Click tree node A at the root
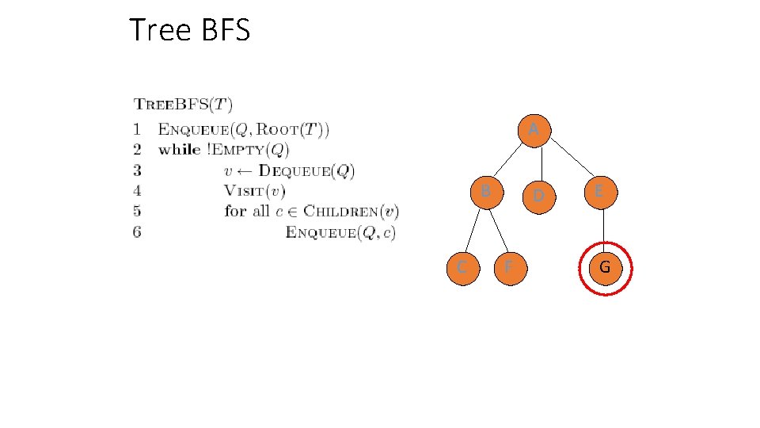(534, 128)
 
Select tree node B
(486, 191)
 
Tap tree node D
(538, 194)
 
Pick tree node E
(599, 191)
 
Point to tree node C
(461, 268)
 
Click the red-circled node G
(604, 268)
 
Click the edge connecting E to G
(602, 229)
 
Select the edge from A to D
(540, 162)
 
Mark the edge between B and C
(473, 231)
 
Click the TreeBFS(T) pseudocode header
(183, 104)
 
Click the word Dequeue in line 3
(293, 170)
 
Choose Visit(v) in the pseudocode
(254, 190)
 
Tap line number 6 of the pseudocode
(138, 231)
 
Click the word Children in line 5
(340, 211)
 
